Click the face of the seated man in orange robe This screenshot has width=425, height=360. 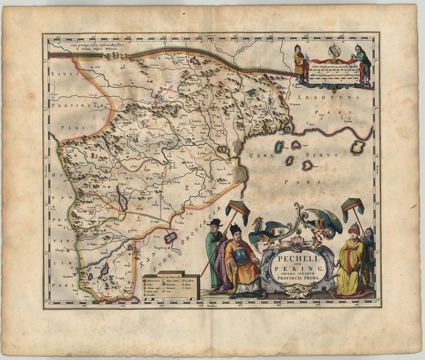pos(235,235)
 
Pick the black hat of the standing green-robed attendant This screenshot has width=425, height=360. pos(215,222)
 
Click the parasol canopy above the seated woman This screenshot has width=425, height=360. pos(353,204)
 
